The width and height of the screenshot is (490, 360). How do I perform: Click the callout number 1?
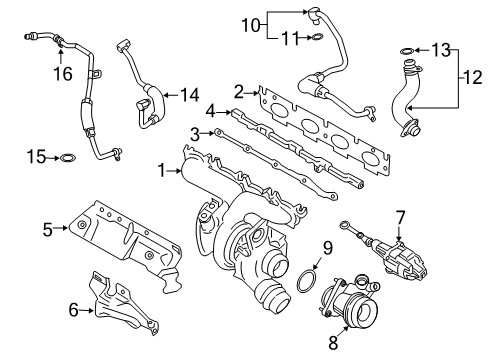[x=160, y=171]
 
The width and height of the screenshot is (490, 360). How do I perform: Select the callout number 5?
[x=48, y=227]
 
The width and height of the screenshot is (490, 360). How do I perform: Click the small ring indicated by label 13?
[x=406, y=49]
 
